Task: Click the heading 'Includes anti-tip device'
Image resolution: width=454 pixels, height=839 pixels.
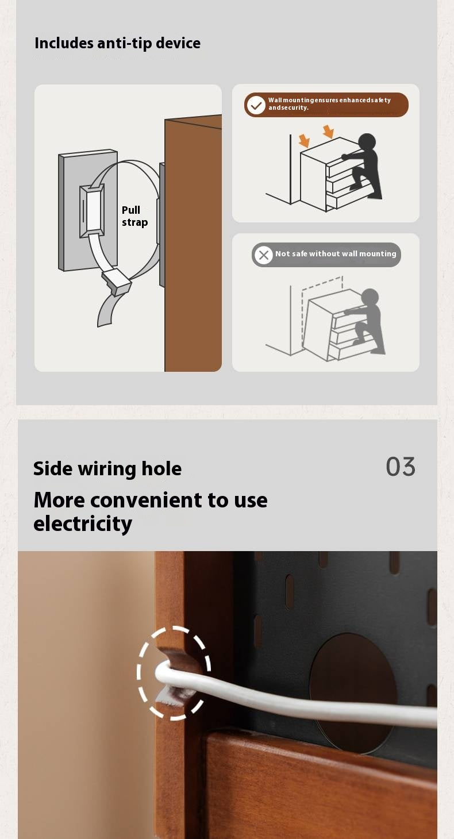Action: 117,43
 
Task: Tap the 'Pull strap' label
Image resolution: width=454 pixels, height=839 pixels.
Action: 135,216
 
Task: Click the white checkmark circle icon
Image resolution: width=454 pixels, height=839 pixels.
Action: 256,105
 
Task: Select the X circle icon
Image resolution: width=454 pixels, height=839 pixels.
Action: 263,255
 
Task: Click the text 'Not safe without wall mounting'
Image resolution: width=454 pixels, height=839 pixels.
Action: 336,253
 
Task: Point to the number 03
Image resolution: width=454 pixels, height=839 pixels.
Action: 401,467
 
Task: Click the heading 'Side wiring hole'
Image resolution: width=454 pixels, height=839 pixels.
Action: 107,469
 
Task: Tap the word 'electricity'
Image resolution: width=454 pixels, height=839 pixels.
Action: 83,524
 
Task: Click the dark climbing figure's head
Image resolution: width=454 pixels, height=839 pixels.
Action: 367,143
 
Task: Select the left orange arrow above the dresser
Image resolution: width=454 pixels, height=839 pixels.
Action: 304,141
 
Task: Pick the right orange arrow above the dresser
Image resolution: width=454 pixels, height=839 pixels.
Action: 329,132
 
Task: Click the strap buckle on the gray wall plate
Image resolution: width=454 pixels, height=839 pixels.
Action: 92,211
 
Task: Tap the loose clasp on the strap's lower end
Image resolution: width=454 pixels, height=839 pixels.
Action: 117,282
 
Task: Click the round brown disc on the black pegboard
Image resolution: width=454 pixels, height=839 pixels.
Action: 353,693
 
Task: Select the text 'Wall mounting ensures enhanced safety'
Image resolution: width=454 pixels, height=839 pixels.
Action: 329,100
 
